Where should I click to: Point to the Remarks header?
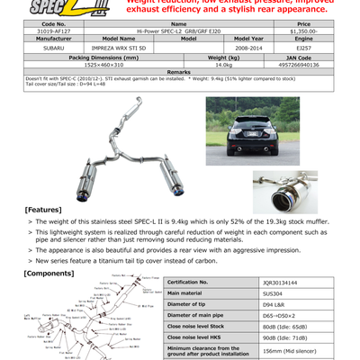tap(179, 72)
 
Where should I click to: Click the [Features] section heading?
tap(42, 210)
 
